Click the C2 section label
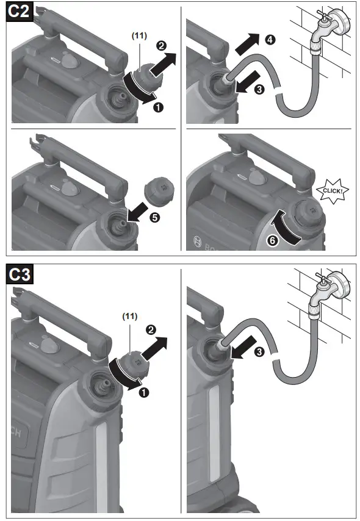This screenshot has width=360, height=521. (x=20, y=14)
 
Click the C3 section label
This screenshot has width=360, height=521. (x=20, y=275)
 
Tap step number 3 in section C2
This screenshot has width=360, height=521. (x=259, y=89)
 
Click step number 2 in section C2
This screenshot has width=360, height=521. (x=162, y=45)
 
